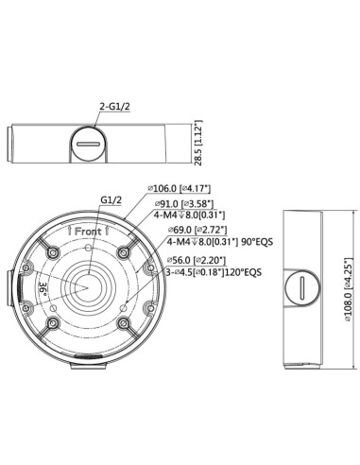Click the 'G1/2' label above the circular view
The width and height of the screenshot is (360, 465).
tap(112, 199)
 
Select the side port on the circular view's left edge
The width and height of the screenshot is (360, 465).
tap(10, 283)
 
